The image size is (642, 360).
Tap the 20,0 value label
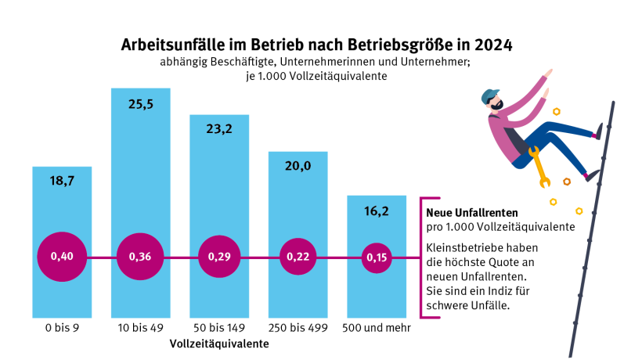click(x=298, y=165)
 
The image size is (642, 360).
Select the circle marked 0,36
click(x=140, y=257)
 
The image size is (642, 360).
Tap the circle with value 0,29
click(x=219, y=257)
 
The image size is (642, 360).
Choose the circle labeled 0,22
click(x=298, y=257)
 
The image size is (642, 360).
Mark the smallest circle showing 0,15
click(x=377, y=257)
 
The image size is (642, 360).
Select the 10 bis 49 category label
click(x=140, y=328)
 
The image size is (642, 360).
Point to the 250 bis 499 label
click(x=298, y=328)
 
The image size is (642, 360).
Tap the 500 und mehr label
click(x=377, y=328)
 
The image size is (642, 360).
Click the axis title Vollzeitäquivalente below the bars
click(x=219, y=344)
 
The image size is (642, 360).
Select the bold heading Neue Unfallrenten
click(x=472, y=211)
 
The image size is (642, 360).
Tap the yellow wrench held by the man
click(x=538, y=167)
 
